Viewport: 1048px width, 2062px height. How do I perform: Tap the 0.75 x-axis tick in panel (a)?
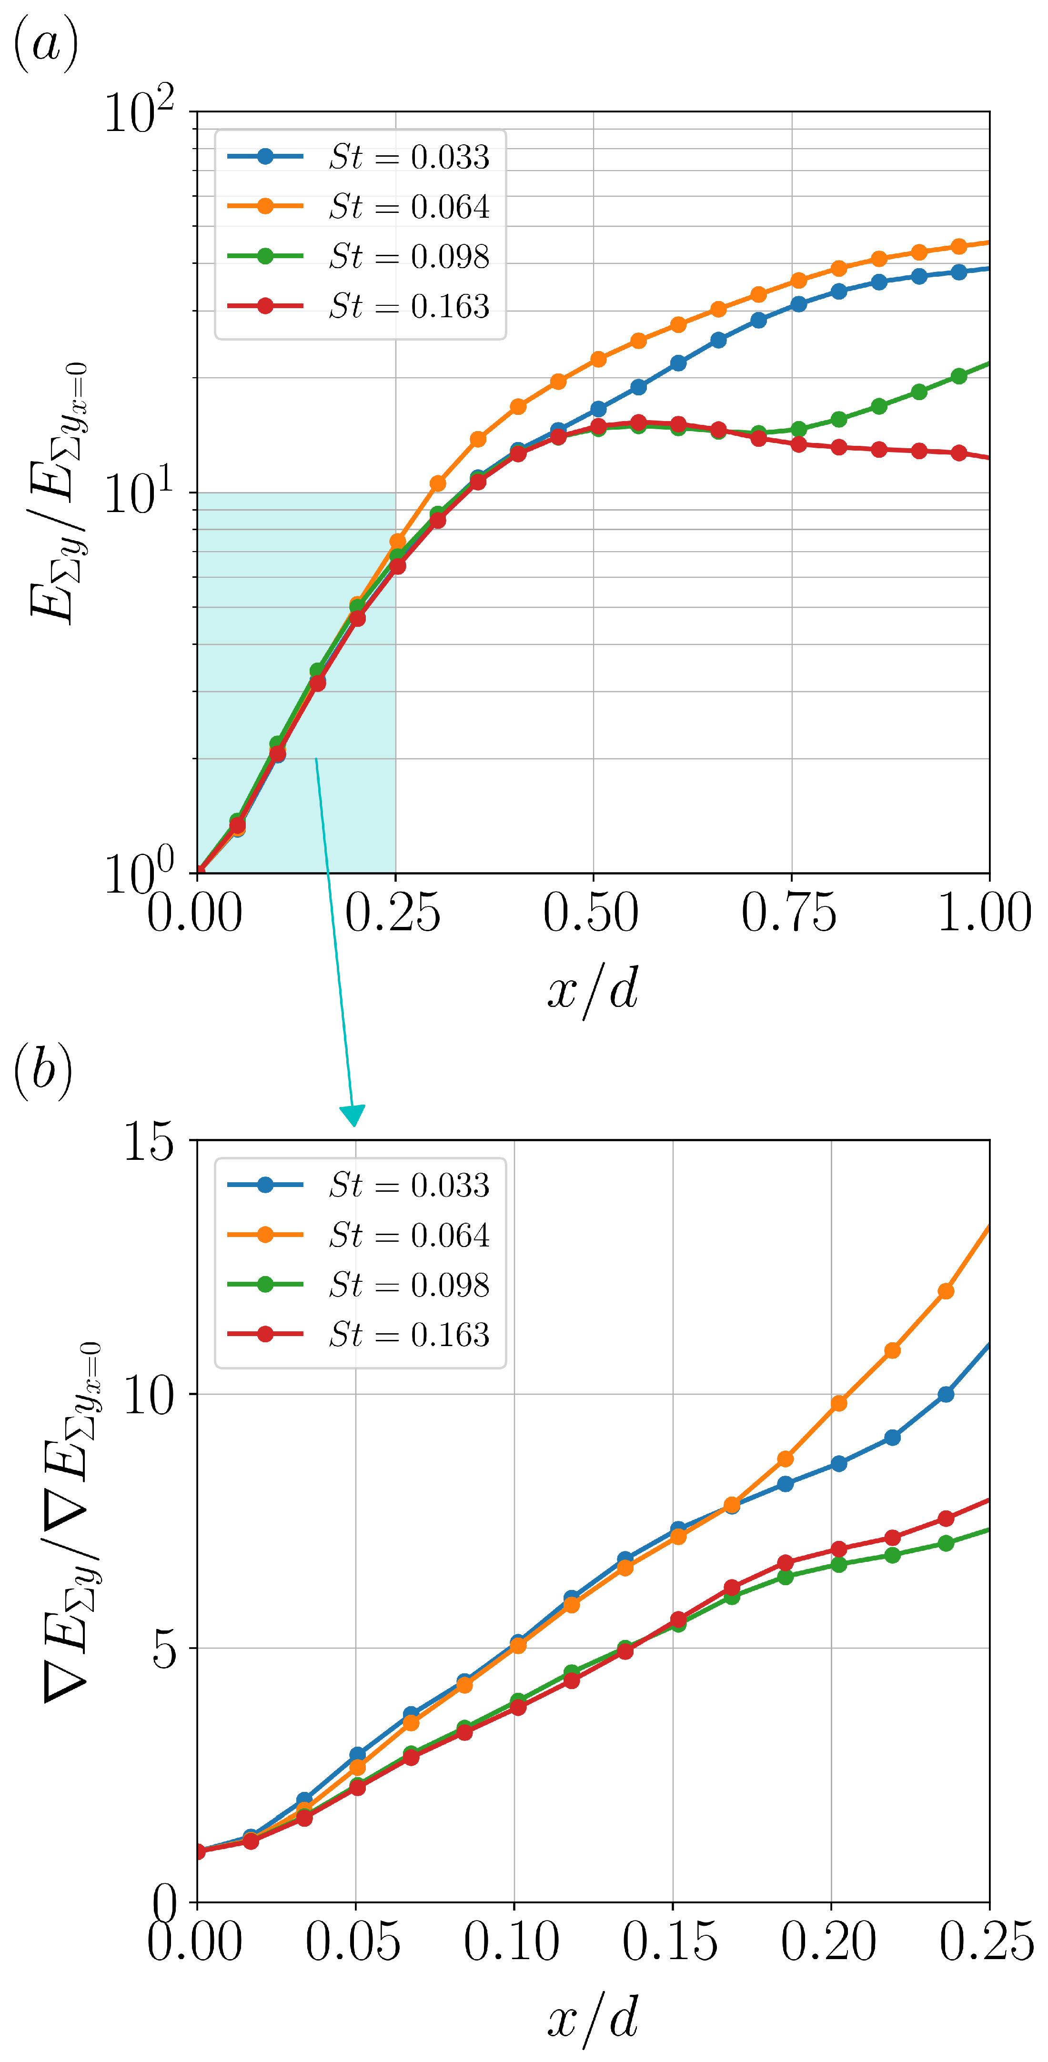coord(790,913)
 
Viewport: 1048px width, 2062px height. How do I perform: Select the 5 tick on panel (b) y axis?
coord(164,1649)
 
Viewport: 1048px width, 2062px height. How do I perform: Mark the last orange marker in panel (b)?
coord(946,1291)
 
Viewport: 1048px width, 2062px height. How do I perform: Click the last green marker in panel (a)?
coord(959,376)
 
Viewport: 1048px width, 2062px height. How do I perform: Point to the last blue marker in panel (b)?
coord(946,1394)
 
